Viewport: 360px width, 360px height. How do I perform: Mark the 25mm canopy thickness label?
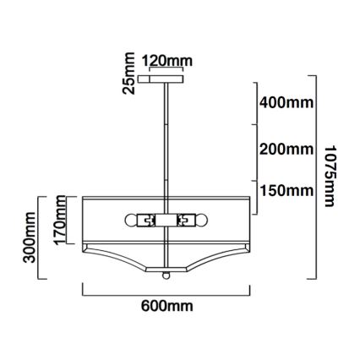(x=128, y=74)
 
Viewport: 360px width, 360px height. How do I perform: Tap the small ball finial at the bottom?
(x=166, y=275)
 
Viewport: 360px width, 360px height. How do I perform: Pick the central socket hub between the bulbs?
(x=166, y=220)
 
